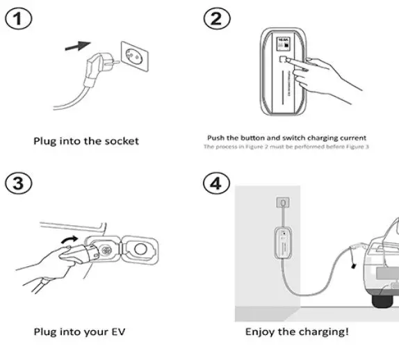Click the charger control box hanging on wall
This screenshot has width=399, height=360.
click(x=283, y=240)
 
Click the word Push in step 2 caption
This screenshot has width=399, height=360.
click(x=219, y=138)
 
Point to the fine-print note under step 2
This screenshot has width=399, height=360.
click(x=284, y=147)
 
